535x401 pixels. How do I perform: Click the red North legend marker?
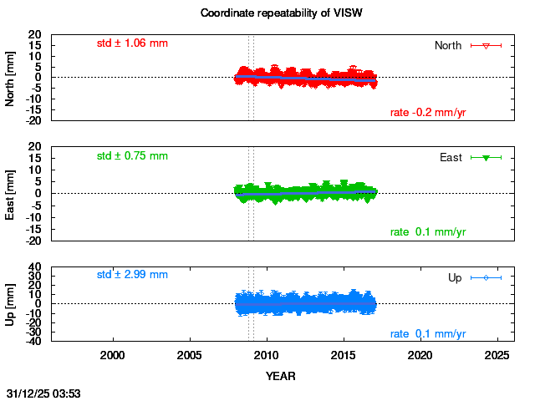[x=486, y=45]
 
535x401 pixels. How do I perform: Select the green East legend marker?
[x=486, y=157]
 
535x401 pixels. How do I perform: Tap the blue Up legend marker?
[x=486, y=277]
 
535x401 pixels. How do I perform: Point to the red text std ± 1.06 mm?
[x=132, y=43]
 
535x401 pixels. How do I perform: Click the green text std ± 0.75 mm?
[x=132, y=155]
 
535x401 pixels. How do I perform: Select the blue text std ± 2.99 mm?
[x=132, y=274]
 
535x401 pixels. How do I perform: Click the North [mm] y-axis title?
[x=11, y=77]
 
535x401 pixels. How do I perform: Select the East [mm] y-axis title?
[x=11, y=193]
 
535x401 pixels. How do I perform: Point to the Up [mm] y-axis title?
[x=11, y=302]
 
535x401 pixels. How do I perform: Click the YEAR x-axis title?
[x=280, y=376]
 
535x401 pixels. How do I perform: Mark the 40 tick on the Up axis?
[x=37, y=268]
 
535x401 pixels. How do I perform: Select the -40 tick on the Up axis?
[x=35, y=342]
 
